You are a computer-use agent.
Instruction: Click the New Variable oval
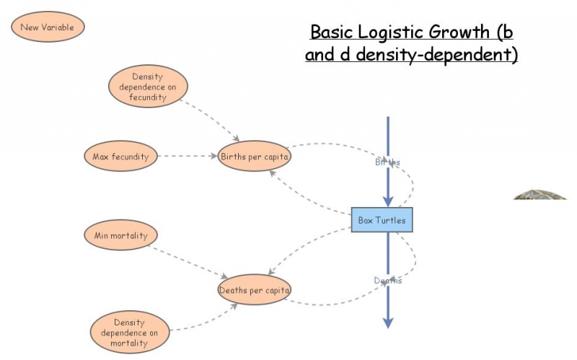(x=48, y=27)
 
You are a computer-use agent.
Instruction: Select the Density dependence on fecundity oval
(x=147, y=87)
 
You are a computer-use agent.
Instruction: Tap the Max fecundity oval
(x=120, y=156)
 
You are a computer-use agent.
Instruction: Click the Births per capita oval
(x=254, y=156)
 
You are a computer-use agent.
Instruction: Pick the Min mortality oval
(x=120, y=234)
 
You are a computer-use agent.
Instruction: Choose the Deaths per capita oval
(x=254, y=290)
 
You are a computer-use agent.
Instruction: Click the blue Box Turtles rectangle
(x=382, y=220)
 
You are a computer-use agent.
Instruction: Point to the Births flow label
(x=387, y=162)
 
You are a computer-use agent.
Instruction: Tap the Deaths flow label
(x=387, y=281)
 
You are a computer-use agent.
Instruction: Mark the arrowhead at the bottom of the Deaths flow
(x=388, y=322)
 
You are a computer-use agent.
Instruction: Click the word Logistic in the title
(x=386, y=32)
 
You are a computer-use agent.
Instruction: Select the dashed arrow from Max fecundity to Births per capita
(x=188, y=156)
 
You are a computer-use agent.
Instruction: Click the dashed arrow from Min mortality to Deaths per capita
(x=189, y=258)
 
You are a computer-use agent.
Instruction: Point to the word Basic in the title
(x=330, y=32)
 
